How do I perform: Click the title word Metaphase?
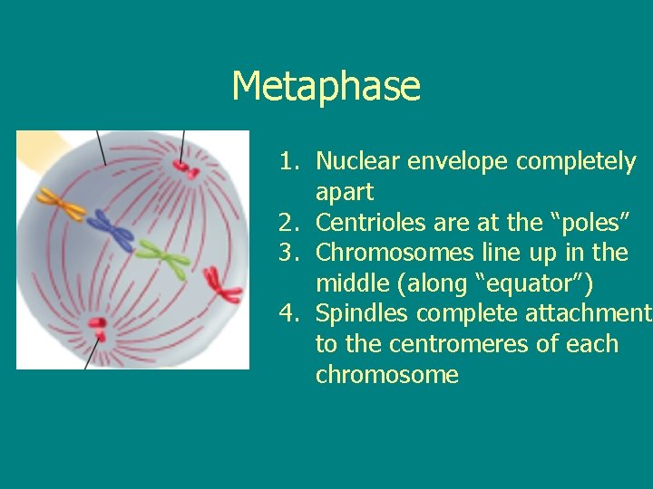[x=326, y=87]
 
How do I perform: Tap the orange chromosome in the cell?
[x=62, y=205]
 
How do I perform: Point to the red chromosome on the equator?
[x=222, y=285]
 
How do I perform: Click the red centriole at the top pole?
[x=186, y=168]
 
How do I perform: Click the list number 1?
[x=288, y=162]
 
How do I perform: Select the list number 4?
[x=288, y=314]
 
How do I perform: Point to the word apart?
[x=345, y=193]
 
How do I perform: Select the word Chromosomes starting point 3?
[x=386, y=254]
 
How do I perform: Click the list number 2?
[x=288, y=223]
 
